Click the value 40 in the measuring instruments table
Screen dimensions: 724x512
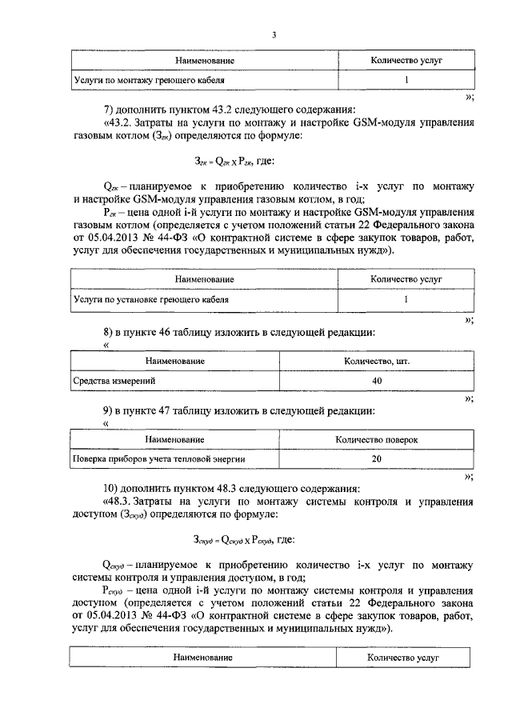tap(377, 382)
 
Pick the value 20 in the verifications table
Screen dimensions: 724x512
tap(377, 459)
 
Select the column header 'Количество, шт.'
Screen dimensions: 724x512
tap(377, 362)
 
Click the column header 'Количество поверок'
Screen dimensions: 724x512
tap(377, 439)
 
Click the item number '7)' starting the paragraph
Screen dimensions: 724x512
tap(110, 109)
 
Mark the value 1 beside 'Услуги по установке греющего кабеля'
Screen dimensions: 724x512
tap(406, 299)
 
